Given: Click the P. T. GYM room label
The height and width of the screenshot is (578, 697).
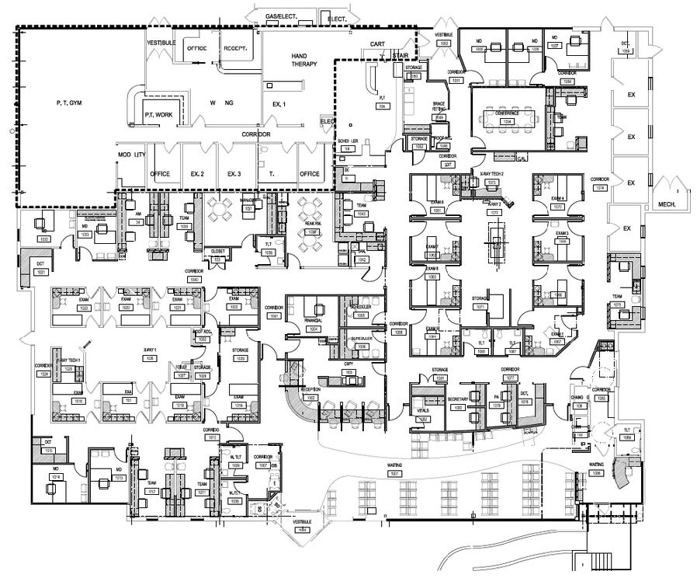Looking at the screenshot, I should (x=69, y=103).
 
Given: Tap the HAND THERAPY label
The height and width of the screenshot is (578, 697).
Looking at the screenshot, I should (x=304, y=61).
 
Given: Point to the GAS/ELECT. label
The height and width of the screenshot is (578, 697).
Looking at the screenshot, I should (x=281, y=16).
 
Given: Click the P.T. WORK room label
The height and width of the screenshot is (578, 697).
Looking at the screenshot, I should (x=158, y=114).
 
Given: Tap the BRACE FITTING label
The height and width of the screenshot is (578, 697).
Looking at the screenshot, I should (x=440, y=107).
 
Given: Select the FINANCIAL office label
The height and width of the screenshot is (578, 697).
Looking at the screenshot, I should (x=314, y=319).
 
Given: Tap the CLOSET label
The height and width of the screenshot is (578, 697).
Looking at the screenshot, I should (x=220, y=251).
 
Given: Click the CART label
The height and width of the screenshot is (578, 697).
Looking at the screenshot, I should (x=378, y=44).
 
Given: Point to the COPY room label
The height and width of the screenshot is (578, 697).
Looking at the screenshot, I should (x=349, y=364).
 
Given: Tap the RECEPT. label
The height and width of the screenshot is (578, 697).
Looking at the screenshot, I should (x=235, y=49).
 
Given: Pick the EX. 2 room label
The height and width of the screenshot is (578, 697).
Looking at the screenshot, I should (x=197, y=173).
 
